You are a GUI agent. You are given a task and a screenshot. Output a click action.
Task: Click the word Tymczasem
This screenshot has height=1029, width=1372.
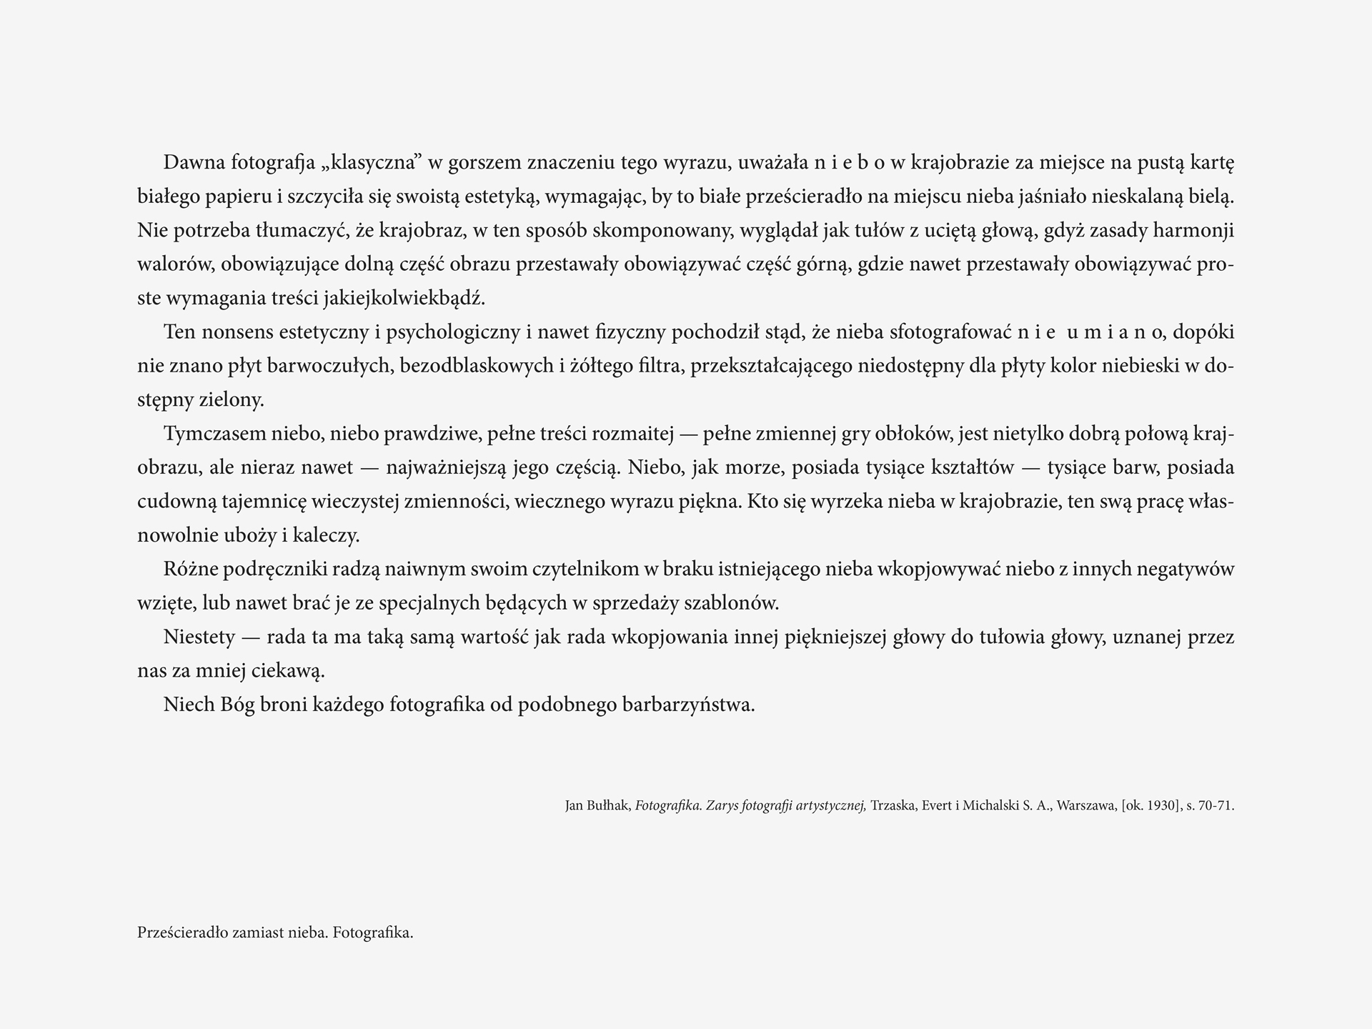(214, 434)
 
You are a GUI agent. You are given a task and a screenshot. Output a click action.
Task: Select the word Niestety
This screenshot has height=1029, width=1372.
(199, 637)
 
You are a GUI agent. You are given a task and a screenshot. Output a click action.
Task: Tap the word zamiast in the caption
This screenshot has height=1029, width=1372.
(258, 933)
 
